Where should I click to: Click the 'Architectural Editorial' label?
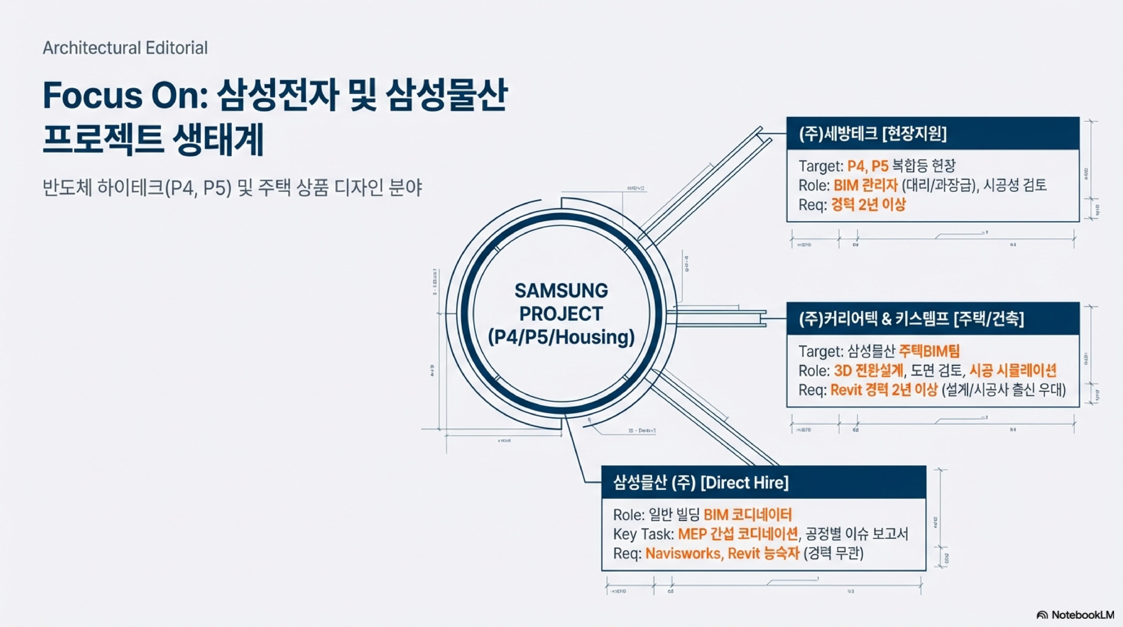click(125, 48)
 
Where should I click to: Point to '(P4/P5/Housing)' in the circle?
click(561, 337)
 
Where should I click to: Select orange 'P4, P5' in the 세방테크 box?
click(868, 166)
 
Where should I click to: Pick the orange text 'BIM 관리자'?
click(865, 185)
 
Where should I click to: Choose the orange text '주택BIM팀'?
click(928, 351)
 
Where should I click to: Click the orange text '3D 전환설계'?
click(868, 371)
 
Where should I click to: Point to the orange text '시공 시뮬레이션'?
click(1012, 371)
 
